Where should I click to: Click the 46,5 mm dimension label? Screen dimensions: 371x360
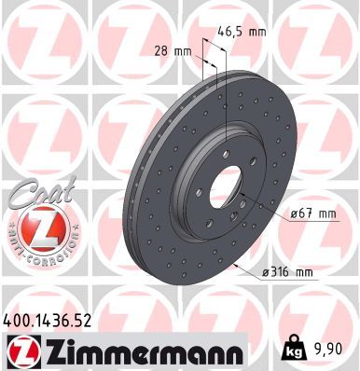(x=242, y=31)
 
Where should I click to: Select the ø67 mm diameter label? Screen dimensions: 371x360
(x=312, y=213)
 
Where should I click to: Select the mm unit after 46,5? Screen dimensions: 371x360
(x=256, y=31)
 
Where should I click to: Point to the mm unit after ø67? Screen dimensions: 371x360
(x=325, y=213)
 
